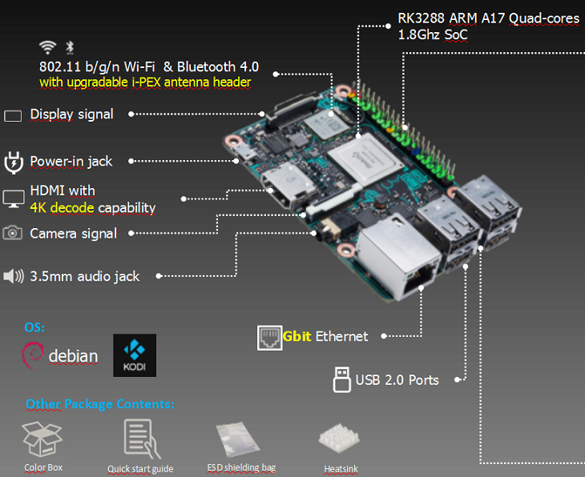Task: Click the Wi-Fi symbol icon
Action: coord(47,47)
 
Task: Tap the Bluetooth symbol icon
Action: coord(68,47)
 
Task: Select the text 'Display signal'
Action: coord(71,114)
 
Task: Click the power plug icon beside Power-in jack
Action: coord(13,162)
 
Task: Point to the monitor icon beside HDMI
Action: coord(14,198)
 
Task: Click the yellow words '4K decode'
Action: coord(62,208)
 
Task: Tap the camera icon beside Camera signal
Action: coord(13,233)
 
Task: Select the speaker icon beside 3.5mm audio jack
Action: coord(14,276)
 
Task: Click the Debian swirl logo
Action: coord(33,355)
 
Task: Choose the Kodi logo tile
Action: coord(135,355)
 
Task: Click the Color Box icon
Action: coord(42,438)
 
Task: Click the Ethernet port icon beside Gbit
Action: coord(268,337)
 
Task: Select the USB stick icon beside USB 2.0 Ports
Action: coord(341,379)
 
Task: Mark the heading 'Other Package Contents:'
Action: coord(99,403)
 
